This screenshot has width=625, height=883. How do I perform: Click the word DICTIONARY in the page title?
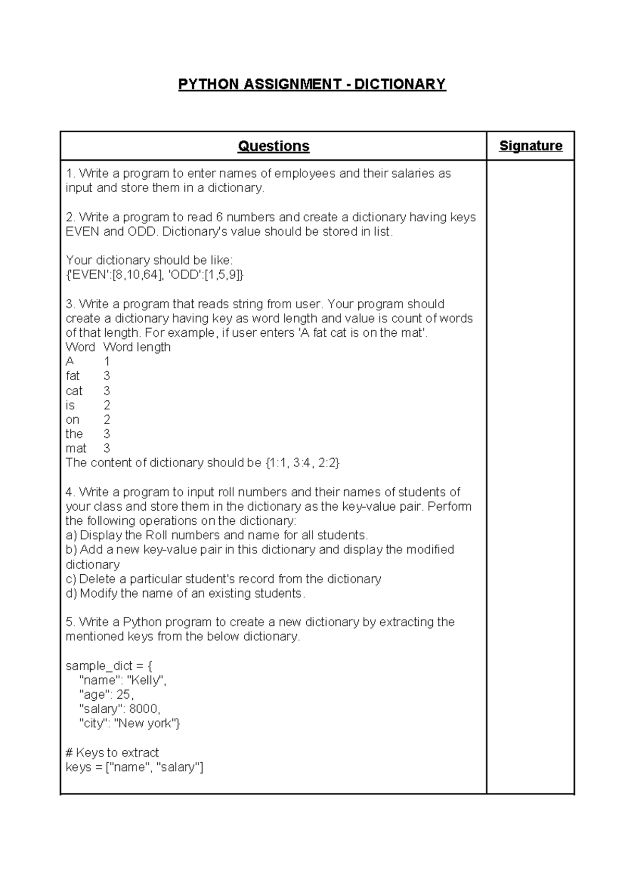pos(400,84)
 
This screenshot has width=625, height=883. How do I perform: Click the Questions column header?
pos(273,146)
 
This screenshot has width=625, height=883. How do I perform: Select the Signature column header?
pos(530,146)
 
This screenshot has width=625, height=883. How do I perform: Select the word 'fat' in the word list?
pos(73,376)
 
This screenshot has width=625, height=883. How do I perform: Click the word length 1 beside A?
pos(107,361)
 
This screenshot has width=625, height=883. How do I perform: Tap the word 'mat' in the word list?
pos(76,448)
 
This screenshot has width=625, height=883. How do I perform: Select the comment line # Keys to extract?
pos(112,753)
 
